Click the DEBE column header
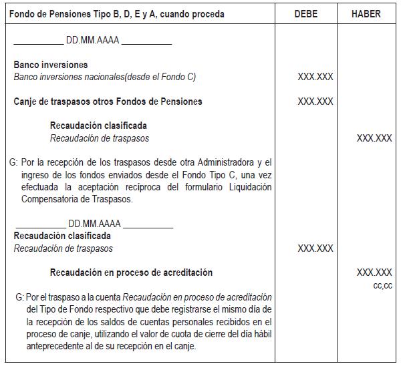coord(315,14)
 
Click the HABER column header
coord(366,14)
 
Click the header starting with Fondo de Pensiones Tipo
coord(119,14)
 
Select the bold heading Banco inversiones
coord(51,65)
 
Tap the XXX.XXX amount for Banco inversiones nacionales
coord(315,77)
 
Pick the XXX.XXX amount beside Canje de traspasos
coord(315,102)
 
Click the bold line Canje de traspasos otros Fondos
coord(108,102)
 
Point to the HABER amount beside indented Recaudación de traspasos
coord(374,138)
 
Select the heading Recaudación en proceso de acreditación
coord(131,272)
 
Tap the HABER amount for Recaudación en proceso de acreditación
coord(374,272)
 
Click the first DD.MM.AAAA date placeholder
coord(93,40)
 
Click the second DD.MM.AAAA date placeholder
coord(94,224)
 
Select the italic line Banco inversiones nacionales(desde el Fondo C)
coord(105,77)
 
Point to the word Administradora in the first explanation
coord(231,162)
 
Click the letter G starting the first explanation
coord(14,162)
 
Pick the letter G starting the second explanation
coord(18,297)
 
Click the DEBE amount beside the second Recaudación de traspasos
coord(315,248)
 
